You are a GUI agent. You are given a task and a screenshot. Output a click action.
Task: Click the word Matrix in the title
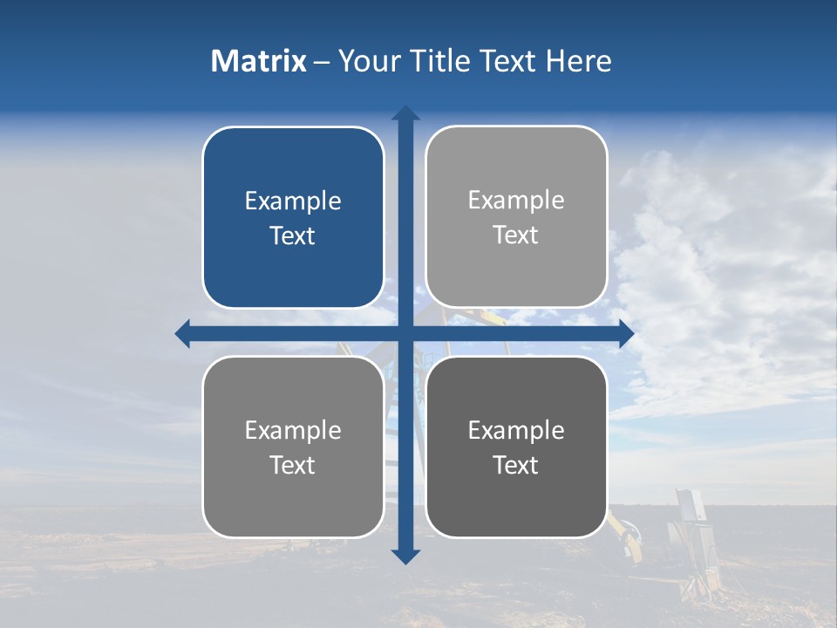(x=258, y=61)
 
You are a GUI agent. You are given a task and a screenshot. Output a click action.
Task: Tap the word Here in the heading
(x=578, y=61)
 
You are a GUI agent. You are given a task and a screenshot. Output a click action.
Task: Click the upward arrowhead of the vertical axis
(x=405, y=113)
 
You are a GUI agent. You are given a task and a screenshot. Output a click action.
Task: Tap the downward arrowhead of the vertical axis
(x=405, y=556)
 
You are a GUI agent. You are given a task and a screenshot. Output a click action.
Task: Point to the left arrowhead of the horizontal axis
(x=183, y=333)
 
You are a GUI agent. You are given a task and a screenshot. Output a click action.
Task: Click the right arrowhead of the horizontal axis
(x=627, y=333)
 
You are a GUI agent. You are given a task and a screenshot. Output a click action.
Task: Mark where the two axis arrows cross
(x=405, y=333)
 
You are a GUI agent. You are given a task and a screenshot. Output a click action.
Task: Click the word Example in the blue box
(x=293, y=201)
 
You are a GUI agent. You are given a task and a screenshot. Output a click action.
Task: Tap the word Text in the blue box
(x=293, y=236)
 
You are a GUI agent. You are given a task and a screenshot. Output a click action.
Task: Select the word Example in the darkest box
(x=516, y=430)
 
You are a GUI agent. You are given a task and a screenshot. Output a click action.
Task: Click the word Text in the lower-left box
(x=293, y=465)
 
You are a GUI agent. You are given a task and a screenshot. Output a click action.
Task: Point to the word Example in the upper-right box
(x=516, y=201)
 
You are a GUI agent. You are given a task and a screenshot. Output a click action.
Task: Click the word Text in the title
(x=507, y=61)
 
